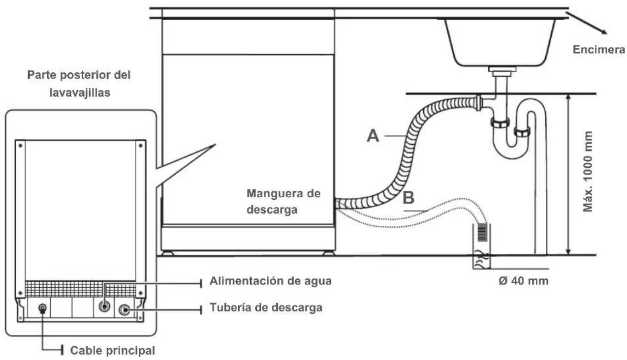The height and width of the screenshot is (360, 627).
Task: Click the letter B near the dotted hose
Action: (408, 198)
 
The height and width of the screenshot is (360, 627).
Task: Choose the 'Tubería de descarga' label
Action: (266, 308)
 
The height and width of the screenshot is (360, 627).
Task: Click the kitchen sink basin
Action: (501, 42)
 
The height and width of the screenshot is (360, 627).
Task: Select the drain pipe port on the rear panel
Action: (125, 310)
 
